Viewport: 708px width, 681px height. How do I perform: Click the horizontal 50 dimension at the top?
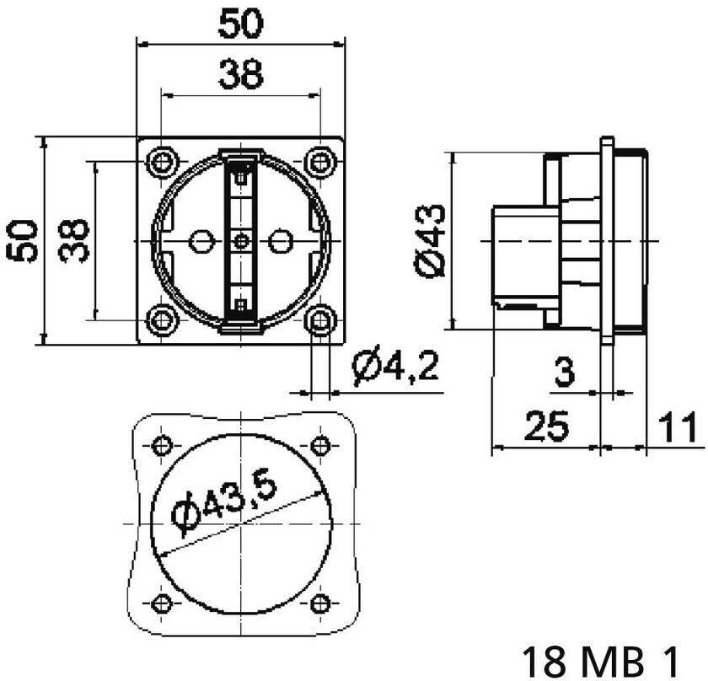pos(239,24)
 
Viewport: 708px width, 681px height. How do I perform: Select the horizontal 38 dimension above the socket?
pos(241,74)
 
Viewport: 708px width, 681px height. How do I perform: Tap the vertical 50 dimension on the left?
pos(21,241)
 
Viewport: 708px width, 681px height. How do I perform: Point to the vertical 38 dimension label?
pos(73,241)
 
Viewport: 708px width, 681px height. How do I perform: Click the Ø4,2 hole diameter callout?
pos(395,367)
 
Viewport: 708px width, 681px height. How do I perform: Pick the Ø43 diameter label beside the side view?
pos(430,240)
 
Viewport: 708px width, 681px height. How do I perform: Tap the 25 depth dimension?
pos(546,426)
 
